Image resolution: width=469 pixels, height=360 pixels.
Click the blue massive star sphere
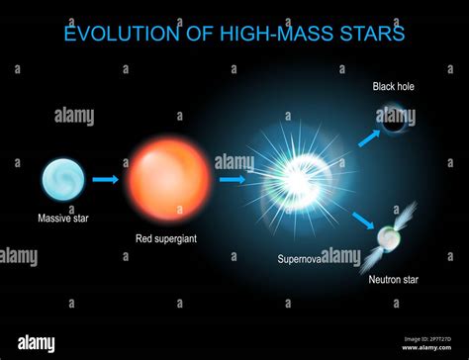tap(61, 180)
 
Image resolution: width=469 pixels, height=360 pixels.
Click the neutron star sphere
tap(389, 237)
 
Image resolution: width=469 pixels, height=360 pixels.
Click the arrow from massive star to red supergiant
tap(105, 180)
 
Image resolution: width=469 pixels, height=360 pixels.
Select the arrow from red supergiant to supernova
tap(233, 180)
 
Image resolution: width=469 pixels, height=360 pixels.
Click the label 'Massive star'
tap(62, 218)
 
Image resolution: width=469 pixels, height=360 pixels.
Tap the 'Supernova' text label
tap(303, 258)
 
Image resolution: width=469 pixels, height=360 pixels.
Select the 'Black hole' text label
tap(394, 86)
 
